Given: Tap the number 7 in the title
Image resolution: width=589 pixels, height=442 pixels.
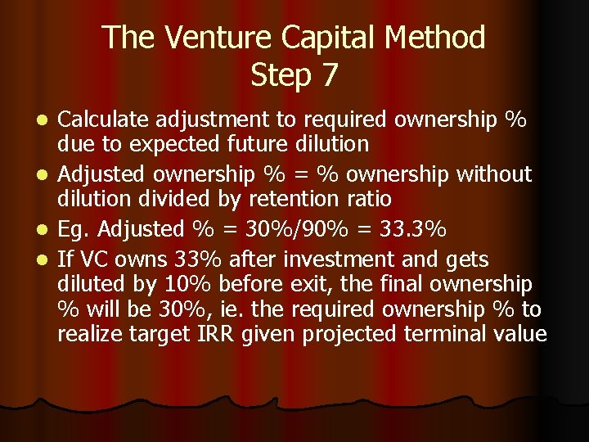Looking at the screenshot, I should coord(329,75).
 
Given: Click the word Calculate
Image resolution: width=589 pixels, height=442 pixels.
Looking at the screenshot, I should coord(105,120).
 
